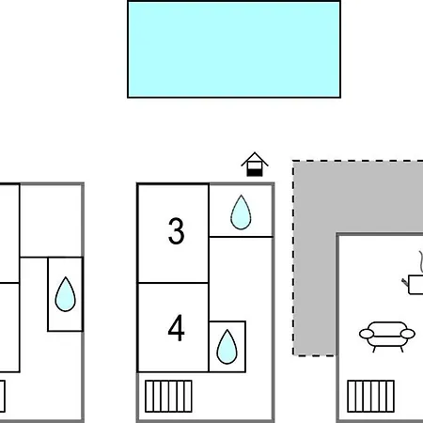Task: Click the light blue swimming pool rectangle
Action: pyautogui.click(x=234, y=50)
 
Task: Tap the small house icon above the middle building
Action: pyautogui.click(x=255, y=164)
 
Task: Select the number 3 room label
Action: pyautogui.click(x=176, y=231)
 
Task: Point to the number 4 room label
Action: pyautogui.click(x=176, y=328)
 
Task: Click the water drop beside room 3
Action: pyautogui.click(x=241, y=212)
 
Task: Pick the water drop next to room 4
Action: pyautogui.click(x=227, y=347)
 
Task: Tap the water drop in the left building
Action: pyautogui.click(x=65, y=294)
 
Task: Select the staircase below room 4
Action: pyautogui.click(x=168, y=396)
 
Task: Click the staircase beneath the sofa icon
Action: pyautogui.click(x=371, y=396)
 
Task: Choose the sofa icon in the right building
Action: pyautogui.click(x=387, y=337)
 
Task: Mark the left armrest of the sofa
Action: pyautogui.click(x=367, y=334)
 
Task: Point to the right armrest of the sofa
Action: pyautogui.click(x=408, y=334)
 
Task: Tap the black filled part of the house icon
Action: pyautogui.click(x=254, y=173)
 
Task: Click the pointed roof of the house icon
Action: pyautogui.click(x=255, y=158)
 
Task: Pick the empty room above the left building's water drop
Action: pyautogui.click(x=51, y=221)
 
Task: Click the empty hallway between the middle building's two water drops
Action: pyautogui.click(x=241, y=279)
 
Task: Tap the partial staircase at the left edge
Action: pyautogui.click(x=3, y=396)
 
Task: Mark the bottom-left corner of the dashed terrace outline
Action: pyautogui.click(x=293, y=355)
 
